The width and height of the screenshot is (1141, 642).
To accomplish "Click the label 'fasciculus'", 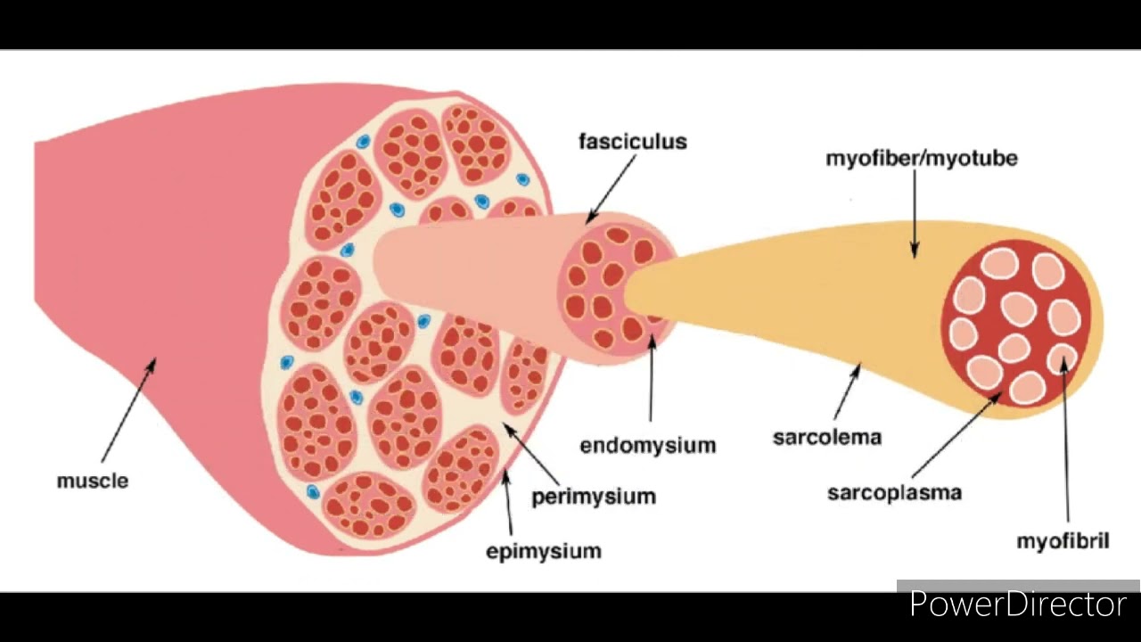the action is pos(632,142).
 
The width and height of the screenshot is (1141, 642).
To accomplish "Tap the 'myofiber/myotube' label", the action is pos(921,159).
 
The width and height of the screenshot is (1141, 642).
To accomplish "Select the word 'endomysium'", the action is pos(647,445).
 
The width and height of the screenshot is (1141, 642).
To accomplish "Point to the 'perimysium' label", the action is pos(594,497).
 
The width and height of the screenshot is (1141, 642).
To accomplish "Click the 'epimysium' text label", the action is pos(543,551).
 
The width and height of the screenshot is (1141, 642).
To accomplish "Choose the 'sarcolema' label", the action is pos(826,438).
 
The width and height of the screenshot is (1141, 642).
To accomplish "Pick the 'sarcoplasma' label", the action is pos(894,492).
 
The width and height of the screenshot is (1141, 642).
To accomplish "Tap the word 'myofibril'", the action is pos(1063,541).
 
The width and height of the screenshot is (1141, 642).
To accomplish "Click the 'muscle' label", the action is pos(93,481).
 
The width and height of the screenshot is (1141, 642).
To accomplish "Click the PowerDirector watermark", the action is pos(1017,605).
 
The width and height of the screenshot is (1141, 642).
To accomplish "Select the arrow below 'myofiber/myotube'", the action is pos(915,213).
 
